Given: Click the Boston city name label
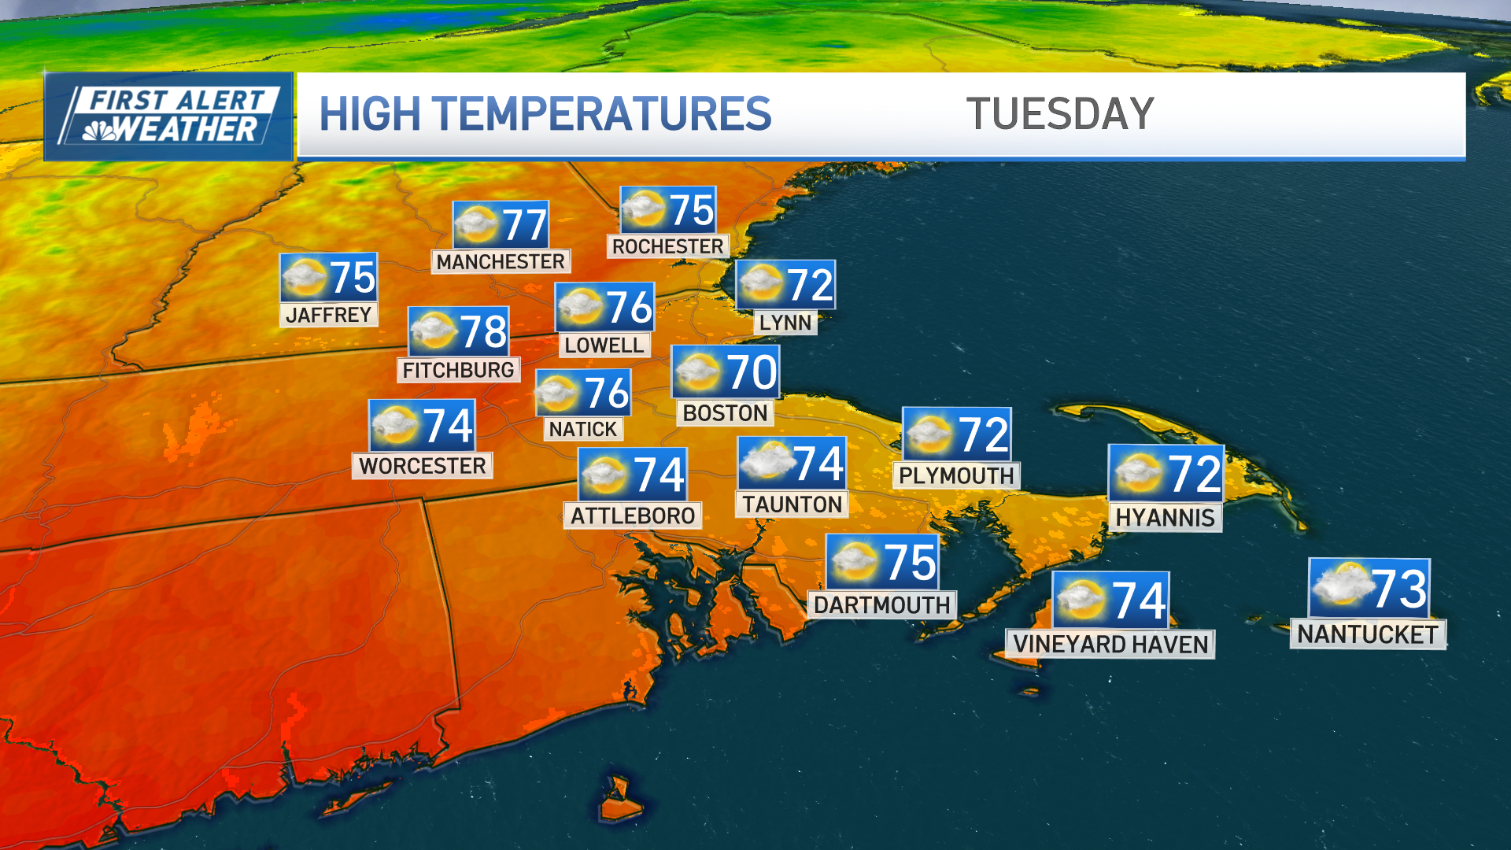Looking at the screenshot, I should click(x=725, y=412).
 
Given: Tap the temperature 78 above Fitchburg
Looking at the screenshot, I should click(x=483, y=331).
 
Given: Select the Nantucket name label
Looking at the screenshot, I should click(x=1368, y=634).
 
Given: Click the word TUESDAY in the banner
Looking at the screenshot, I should click(x=1060, y=114).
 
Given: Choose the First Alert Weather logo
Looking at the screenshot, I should click(x=169, y=116).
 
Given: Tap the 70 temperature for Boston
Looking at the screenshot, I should click(x=752, y=371).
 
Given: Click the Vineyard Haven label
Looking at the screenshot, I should click(x=1110, y=644).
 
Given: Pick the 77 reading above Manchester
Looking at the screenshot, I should click(x=524, y=225).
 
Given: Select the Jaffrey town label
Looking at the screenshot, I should click(x=329, y=315).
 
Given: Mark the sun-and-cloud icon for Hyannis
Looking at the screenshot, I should click(x=1138, y=472).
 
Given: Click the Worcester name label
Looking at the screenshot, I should click(x=423, y=466).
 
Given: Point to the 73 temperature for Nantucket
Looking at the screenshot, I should click(x=1398, y=588).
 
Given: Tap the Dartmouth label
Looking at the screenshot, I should click(x=882, y=604).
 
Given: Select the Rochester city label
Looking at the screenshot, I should click(x=668, y=246).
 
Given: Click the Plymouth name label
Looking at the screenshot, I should click(x=956, y=475).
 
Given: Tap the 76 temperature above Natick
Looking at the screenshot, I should click(x=607, y=393).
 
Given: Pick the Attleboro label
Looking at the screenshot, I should click(x=633, y=516).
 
